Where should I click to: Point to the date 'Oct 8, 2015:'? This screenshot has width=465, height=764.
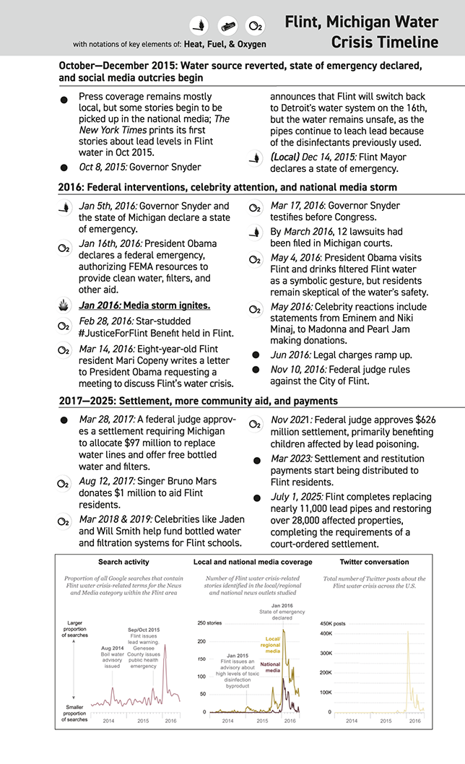click(108, 167)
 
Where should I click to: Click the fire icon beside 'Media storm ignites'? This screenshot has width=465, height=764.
click(64, 305)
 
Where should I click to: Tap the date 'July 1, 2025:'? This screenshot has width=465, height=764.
click(297, 497)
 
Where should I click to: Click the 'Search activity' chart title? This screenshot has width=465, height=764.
click(123, 562)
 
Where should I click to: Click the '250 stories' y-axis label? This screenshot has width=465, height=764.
click(210, 622)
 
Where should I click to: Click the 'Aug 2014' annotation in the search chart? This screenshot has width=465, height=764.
click(113, 648)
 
